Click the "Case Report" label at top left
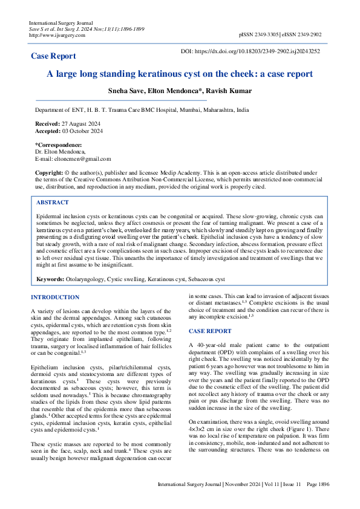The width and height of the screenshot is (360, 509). (53, 56)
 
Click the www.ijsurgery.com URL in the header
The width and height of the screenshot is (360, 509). (57, 35)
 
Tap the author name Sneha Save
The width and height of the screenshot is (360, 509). (126, 91)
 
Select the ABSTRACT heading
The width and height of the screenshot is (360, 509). (53, 203)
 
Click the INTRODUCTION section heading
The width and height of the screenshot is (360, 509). (55, 297)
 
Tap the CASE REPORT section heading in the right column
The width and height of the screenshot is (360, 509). (210, 331)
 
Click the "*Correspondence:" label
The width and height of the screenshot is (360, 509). (59, 145)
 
